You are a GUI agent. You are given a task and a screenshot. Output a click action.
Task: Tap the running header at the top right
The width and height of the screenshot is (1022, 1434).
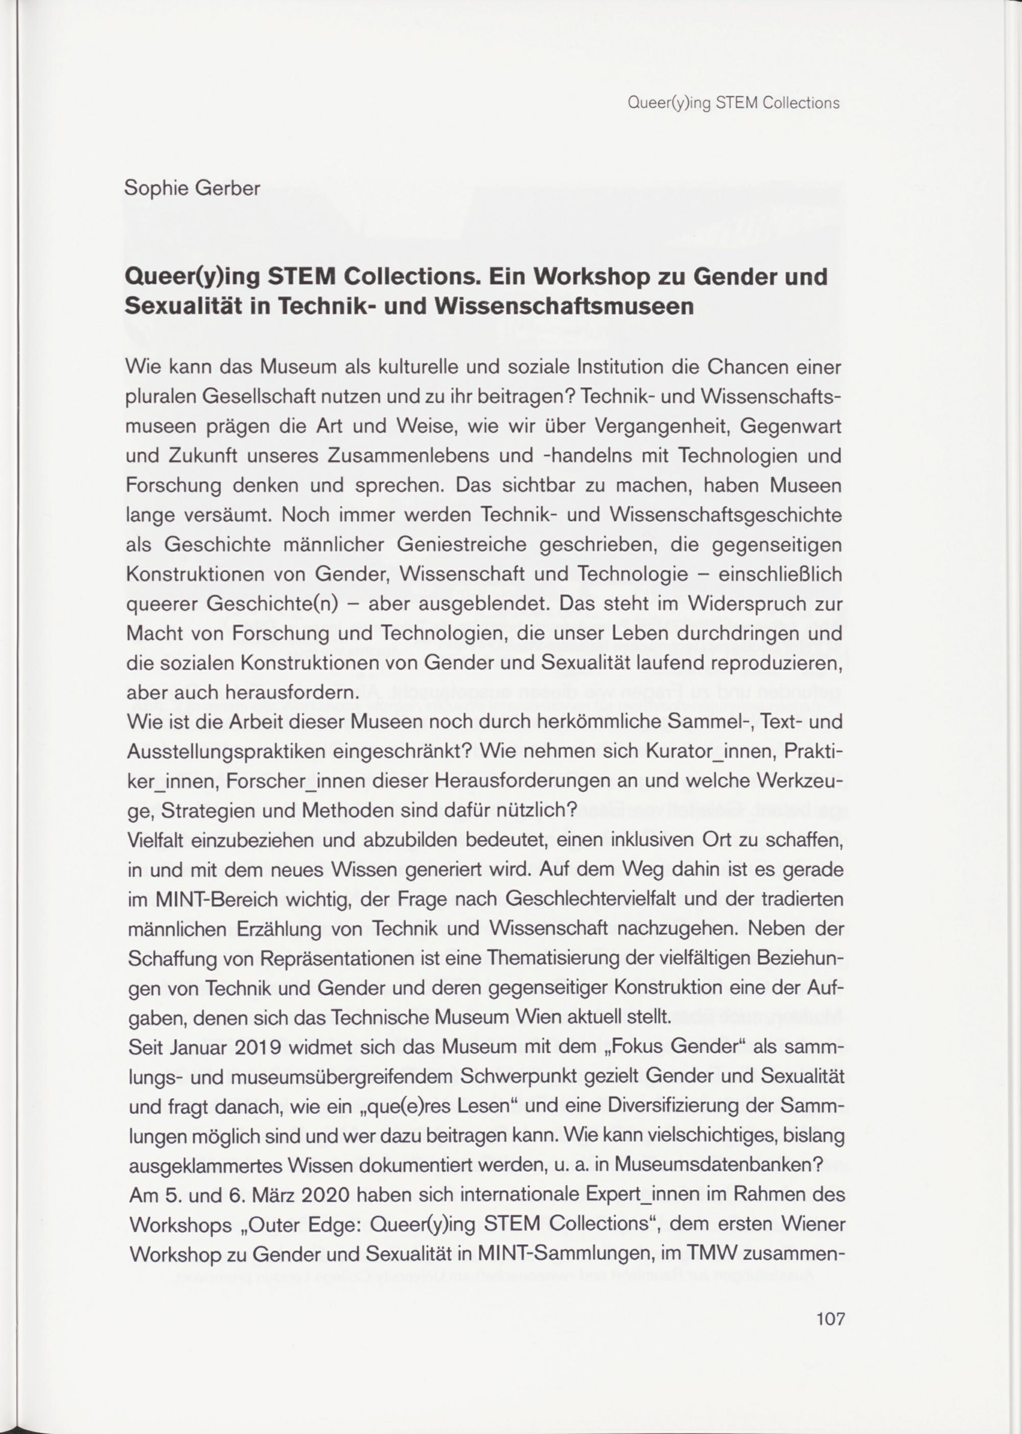coord(734,103)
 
